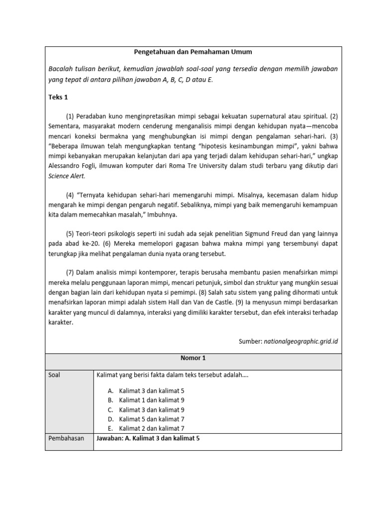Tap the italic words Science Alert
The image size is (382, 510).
point(67,176)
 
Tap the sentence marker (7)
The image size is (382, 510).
point(70,273)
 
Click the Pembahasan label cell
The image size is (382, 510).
point(64,438)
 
